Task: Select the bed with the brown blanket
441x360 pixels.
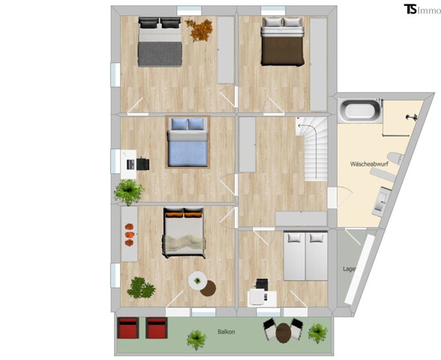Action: tap(281, 43)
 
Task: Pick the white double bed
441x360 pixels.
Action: tap(305, 255)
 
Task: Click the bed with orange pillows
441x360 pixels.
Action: tap(183, 232)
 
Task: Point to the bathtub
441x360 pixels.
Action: tap(359, 112)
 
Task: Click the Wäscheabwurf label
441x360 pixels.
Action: tap(367, 163)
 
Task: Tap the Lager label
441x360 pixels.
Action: tap(349, 268)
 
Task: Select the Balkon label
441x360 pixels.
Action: tap(226, 331)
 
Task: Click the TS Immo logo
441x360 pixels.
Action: tap(421, 9)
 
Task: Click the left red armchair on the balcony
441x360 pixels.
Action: tap(129, 329)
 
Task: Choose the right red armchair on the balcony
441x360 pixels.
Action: tap(156, 329)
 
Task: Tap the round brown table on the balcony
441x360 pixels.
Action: tap(283, 331)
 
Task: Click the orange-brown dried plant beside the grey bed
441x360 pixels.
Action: tap(199, 29)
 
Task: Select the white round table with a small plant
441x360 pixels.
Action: tap(197, 280)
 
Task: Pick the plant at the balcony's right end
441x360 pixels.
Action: tap(318, 331)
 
